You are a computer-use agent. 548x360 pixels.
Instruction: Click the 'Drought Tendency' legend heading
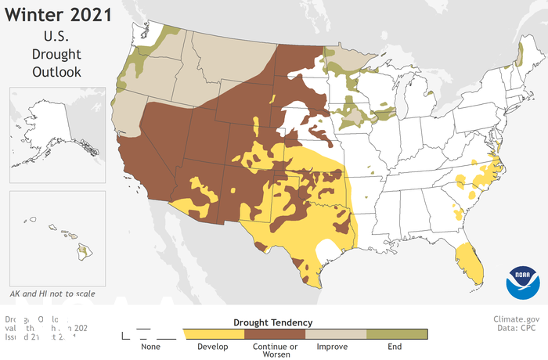point(273,322)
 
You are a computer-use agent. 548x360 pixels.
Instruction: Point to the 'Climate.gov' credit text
point(517,319)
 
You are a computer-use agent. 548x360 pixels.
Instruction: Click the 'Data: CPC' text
point(520,329)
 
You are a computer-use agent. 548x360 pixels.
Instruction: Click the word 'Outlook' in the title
point(56,71)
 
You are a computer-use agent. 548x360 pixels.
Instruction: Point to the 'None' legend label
point(151,347)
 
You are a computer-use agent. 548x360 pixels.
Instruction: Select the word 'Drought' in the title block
point(56,53)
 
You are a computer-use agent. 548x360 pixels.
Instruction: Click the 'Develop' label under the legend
point(212,347)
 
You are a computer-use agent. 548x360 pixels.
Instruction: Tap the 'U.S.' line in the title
point(56,35)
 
